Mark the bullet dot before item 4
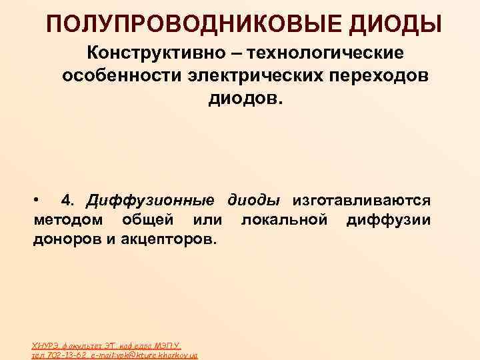pyautogui.click(x=38, y=200)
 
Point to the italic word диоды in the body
pyautogui.click(x=253, y=200)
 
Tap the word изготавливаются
pyautogui.click(x=361, y=200)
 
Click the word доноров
pyautogui.click(x=66, y=239)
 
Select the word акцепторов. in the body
pyautogui.click(x=161, y=239)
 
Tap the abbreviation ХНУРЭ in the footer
pyautogui.click(x=45, y=346)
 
